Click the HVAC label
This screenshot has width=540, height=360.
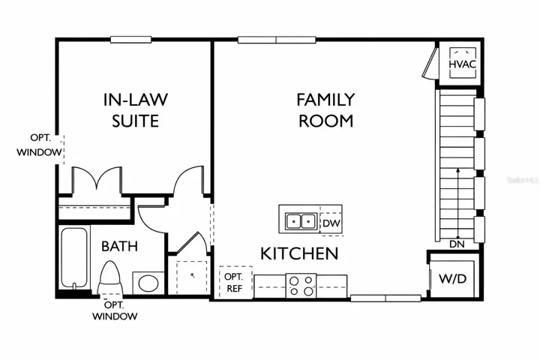pos(463,64)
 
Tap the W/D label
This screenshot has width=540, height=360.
pos(452,278)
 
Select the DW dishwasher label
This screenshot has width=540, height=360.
pos(331,223)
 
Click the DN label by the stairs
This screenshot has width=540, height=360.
pos(457,244)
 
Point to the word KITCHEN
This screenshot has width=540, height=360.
pos(299,254)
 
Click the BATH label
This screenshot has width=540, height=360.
pos(119,246)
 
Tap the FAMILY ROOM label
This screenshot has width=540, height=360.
pos(325,110)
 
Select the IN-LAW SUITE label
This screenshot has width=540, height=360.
pos(136,110)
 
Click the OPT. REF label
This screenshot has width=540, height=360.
pos(234,283)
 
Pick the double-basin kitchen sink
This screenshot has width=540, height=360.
pos(301,220)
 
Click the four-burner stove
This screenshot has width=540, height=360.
pos(301,286)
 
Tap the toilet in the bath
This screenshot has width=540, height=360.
pos(109,277)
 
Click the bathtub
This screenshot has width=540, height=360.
pos(74,258)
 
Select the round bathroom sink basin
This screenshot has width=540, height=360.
pos(148,283)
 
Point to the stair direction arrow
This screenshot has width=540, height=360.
pos(457,203)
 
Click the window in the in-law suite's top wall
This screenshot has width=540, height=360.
pos(130,40)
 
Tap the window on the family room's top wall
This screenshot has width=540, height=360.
pos(277,40)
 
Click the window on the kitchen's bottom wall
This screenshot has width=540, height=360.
pos(385,298)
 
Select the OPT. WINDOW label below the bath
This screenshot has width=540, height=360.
pos(115,310)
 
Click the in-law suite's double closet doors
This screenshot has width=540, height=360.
pos(97,180)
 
